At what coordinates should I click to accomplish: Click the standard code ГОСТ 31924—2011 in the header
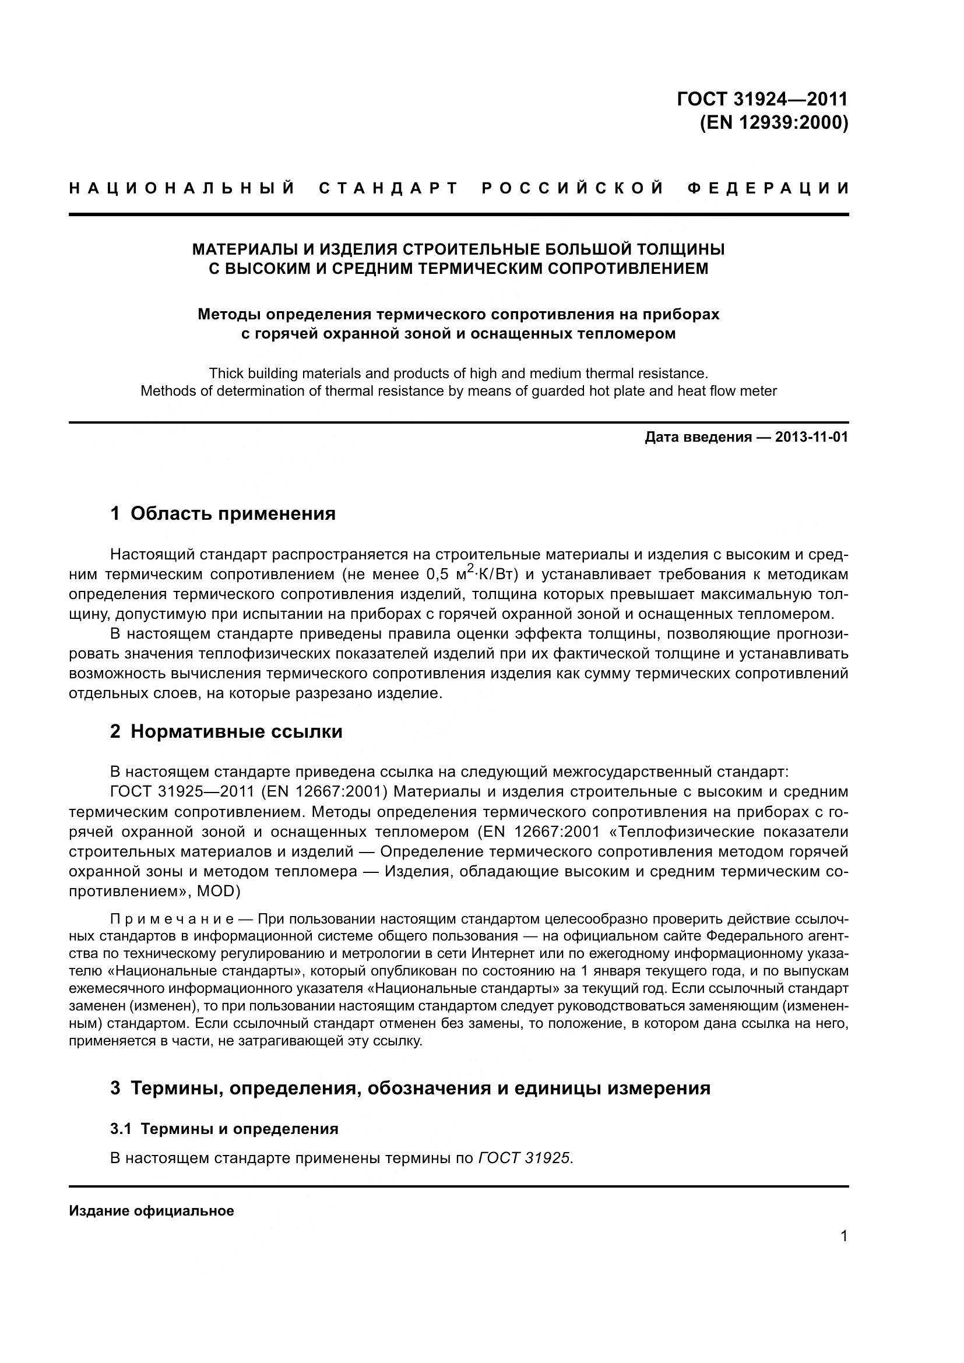762,98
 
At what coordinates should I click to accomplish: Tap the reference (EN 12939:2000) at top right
774,122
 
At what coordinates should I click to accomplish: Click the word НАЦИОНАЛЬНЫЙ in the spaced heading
182,189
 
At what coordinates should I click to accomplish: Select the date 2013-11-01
811,438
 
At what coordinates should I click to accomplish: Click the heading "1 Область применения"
223,513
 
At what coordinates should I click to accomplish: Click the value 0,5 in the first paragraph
438,575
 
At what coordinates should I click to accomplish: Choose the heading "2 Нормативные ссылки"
227,731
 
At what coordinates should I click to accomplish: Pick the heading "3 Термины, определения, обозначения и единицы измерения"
410,1088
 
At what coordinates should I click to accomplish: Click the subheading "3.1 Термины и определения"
224,1129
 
